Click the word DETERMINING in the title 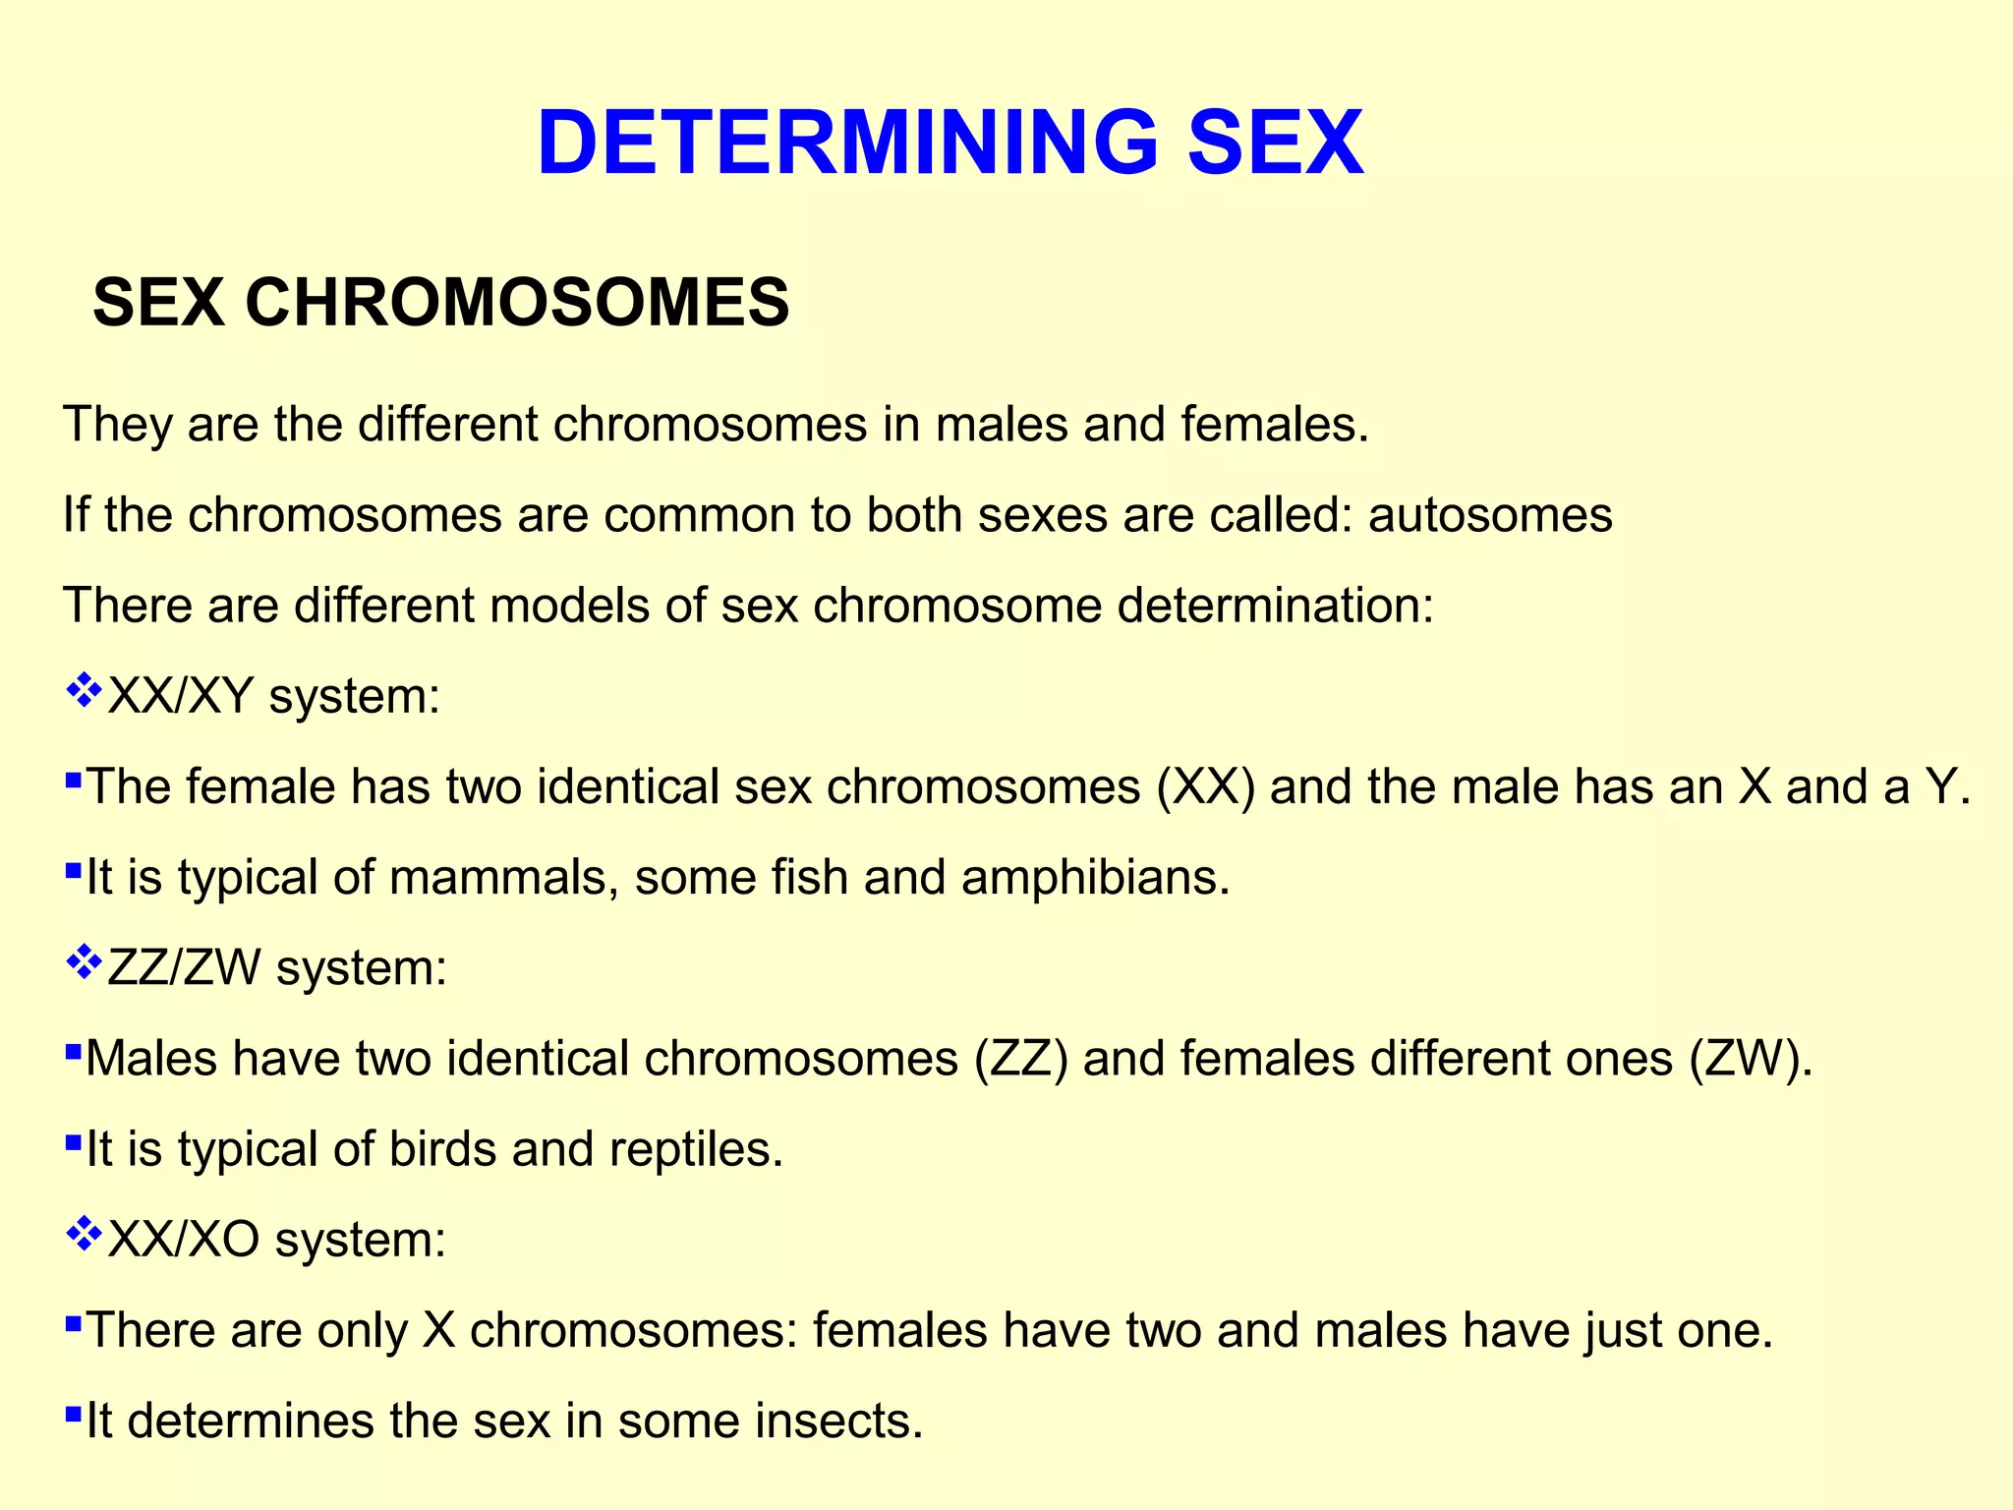847,143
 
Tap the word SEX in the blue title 1276,143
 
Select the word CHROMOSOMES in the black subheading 517,302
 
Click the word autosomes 1490,514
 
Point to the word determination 1275,605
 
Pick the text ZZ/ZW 184,968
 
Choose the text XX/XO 184,1240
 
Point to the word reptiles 696,1148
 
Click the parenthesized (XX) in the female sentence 1206,787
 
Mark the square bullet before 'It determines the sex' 73,1415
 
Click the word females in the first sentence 1275,425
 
